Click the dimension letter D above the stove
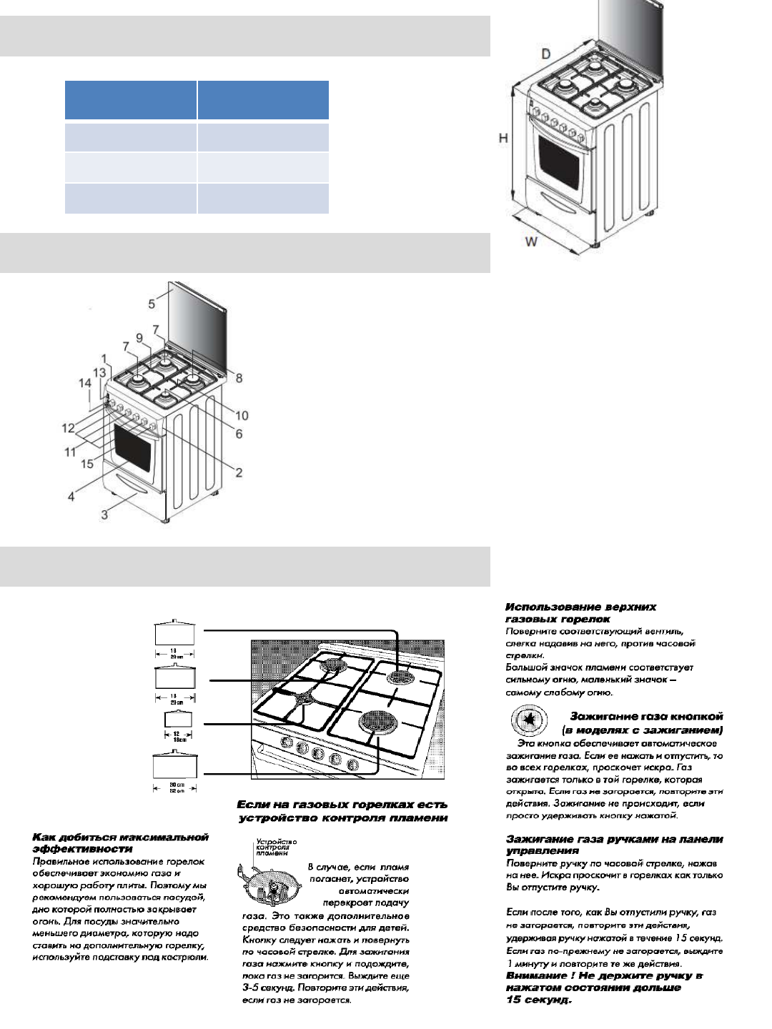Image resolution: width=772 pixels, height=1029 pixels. [x=546, y=54]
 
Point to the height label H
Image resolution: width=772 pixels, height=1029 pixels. [x=503, y=138]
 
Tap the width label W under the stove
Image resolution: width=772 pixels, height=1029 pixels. [x=531, y=242]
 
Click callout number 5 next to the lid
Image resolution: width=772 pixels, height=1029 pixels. [x=152, y=304]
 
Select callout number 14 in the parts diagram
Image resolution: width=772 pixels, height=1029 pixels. [x=84, y=383]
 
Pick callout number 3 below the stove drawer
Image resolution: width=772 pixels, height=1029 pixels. [x=104, y=514]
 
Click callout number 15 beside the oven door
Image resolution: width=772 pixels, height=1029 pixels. [x=87, y=464]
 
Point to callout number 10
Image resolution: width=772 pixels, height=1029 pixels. [x=242, y=415]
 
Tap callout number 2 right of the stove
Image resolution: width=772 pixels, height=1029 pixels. [x=239, y=472]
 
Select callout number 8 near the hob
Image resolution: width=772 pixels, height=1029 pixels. [x=239, y=378]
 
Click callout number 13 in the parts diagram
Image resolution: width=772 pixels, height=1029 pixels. [x=99, y=372]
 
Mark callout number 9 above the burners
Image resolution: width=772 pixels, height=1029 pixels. [x=139, y=338]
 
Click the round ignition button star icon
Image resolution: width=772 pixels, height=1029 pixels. [x=529, y=720]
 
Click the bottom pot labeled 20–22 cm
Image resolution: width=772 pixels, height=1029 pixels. [x=174, y=765]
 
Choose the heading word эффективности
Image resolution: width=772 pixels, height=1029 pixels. [x=82, y=849]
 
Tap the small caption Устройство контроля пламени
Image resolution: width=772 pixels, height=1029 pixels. [x=276, y=847]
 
